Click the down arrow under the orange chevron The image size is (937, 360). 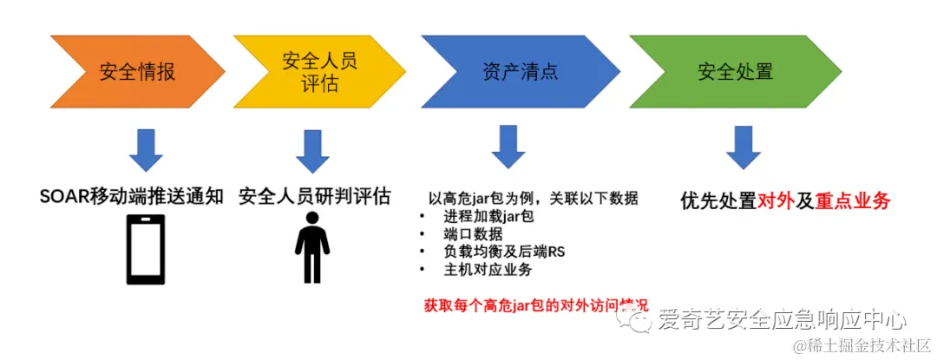146,150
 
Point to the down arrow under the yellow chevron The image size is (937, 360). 312,150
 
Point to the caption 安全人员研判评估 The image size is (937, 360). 313,196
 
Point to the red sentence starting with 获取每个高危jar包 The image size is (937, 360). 535,306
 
